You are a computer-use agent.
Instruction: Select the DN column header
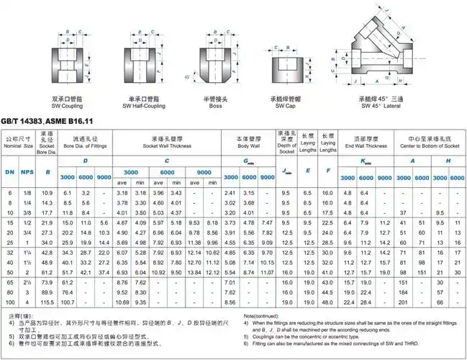pos(10,173)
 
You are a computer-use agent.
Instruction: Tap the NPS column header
pos(27,173)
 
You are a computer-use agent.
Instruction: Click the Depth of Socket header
pos(288,145)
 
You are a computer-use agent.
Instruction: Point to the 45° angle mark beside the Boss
pos(188,76)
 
